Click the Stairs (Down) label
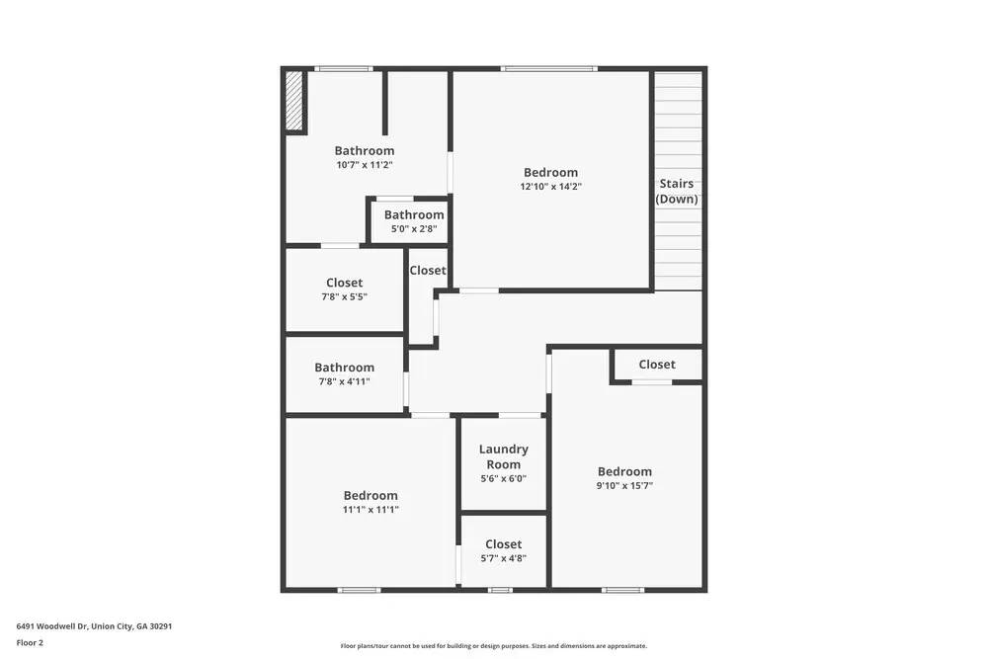(677, 191)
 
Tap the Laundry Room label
(504, 456)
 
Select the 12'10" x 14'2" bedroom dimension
(551, 186)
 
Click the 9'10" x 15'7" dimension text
(624, 485)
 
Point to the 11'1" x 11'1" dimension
(370, 510)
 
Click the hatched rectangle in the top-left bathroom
(293, 101)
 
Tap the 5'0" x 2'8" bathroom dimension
(414, 229)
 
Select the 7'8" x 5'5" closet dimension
(344, 296)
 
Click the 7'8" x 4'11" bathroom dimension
(344, 381)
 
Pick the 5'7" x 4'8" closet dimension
(503, 558)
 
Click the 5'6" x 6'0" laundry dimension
(503, 478)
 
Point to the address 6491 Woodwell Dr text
(94, 626)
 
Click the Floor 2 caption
(30, 642)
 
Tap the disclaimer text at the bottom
(494, 645)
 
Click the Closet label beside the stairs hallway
(657, 365)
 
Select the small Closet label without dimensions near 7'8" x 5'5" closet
(428, 271)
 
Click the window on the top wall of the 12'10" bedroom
(548, 68)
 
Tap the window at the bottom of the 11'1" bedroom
(359, 591)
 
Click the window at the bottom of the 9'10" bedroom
(622, 591)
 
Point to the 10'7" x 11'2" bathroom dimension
(364, 165)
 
